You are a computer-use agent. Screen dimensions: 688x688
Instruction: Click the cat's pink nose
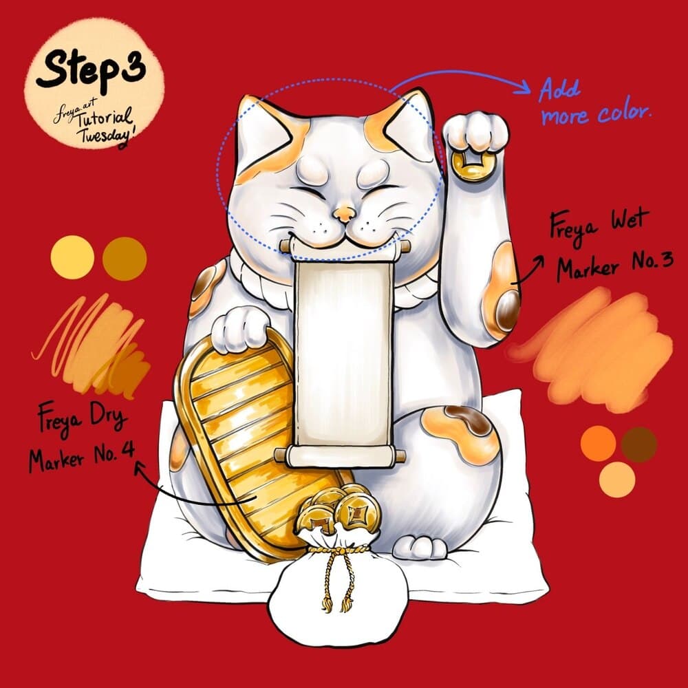(x=345, y=214)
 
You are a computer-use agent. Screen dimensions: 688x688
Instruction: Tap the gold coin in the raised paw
(x=472, y=166)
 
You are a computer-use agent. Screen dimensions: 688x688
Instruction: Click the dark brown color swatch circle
(x=639, y=444)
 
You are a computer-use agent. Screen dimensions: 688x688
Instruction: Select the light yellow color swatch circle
(x=72, y=257)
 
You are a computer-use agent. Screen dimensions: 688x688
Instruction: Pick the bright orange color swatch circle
(x=598, y=443)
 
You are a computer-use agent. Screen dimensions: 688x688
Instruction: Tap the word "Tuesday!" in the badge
(x=105, y=136)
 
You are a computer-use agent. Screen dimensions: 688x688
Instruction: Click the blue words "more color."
(x=596, y=114)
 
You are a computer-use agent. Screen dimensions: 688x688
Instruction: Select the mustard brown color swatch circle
(x=125, y=259)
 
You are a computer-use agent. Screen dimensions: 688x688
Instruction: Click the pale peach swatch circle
(x=617, y=479)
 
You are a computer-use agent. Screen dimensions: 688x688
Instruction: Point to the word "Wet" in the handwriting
(x=630, y=222)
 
